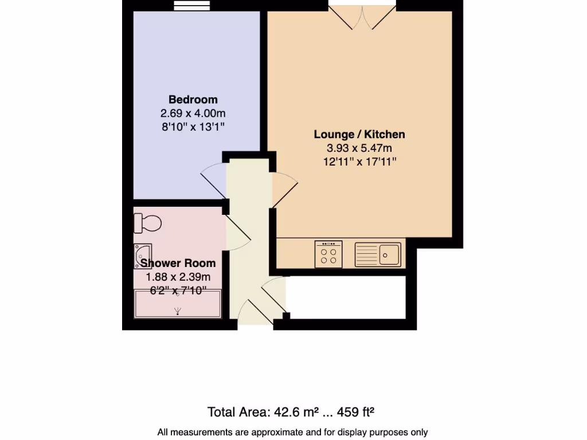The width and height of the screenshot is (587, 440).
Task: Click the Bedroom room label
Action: (x=193, y=100)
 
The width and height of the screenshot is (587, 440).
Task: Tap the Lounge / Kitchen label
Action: (x=359, y=135)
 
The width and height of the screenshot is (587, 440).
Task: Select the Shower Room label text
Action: (x=178, y=264)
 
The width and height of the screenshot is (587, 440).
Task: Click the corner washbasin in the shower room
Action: (x=142, y=253)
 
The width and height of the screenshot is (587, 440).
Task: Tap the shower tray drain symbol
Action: (x=178, y=311)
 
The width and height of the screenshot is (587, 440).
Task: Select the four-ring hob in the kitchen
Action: (x=328, y=254)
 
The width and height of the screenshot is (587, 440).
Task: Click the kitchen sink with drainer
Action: (x=378, y=254)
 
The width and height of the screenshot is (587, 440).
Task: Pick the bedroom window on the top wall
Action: (x=185, y=6)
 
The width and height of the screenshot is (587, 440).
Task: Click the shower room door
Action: (x=237, y=232)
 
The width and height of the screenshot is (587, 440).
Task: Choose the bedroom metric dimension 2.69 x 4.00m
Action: (x=193, y=113)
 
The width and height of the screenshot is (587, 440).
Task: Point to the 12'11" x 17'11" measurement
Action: (x=359, y=162)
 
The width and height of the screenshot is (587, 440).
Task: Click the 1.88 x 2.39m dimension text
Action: (x=178, y=277)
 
